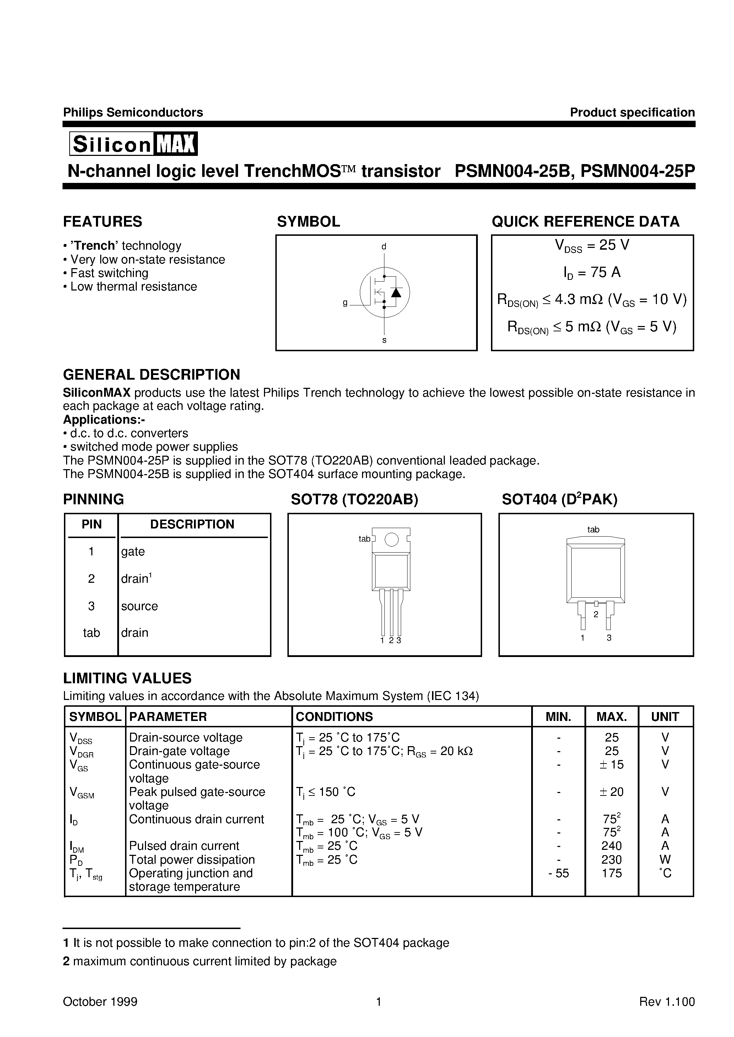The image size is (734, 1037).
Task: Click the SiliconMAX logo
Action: (133, 144)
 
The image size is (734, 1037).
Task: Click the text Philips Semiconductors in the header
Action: (133, 113)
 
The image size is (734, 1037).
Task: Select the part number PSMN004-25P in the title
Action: (638, 171)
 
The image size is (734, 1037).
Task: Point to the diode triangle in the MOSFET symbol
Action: (396, 292)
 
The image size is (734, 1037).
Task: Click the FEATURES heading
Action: (103, 222)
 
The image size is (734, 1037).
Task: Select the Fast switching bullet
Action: (109, 273)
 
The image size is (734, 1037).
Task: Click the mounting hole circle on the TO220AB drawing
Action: (392, 539)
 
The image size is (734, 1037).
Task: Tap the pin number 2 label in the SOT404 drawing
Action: (596, 614)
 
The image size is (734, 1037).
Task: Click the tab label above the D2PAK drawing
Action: (593, 530)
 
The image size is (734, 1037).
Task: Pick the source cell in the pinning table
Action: (139, 606)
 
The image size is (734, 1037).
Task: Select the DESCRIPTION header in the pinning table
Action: (192, 525)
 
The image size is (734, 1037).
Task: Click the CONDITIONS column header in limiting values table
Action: (334, 717)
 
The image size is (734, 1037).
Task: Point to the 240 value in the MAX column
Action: (611, 846)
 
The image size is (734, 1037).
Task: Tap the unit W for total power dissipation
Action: (665, 859)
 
